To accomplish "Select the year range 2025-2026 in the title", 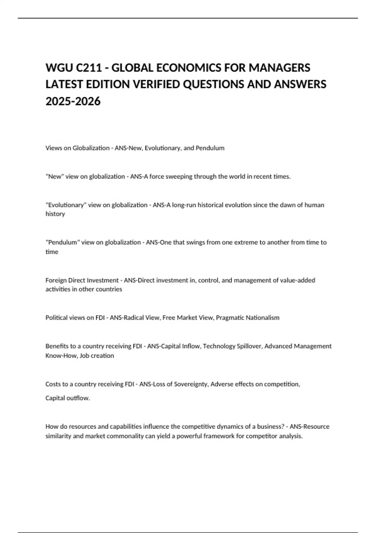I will (73, 101).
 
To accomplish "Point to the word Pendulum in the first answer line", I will (210, 148).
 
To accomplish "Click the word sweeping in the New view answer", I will (177, 177).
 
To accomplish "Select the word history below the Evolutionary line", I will (55, 214).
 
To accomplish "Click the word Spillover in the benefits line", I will (248, 346).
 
